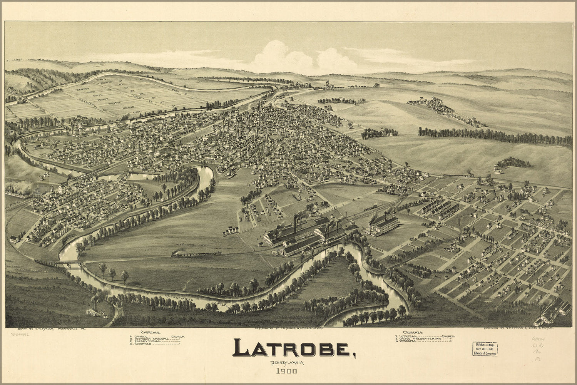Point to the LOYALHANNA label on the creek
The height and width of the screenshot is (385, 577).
pos(181,298)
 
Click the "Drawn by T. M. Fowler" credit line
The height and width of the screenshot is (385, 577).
pos(48,329)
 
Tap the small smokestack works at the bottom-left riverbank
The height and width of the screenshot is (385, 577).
pos(96,310)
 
